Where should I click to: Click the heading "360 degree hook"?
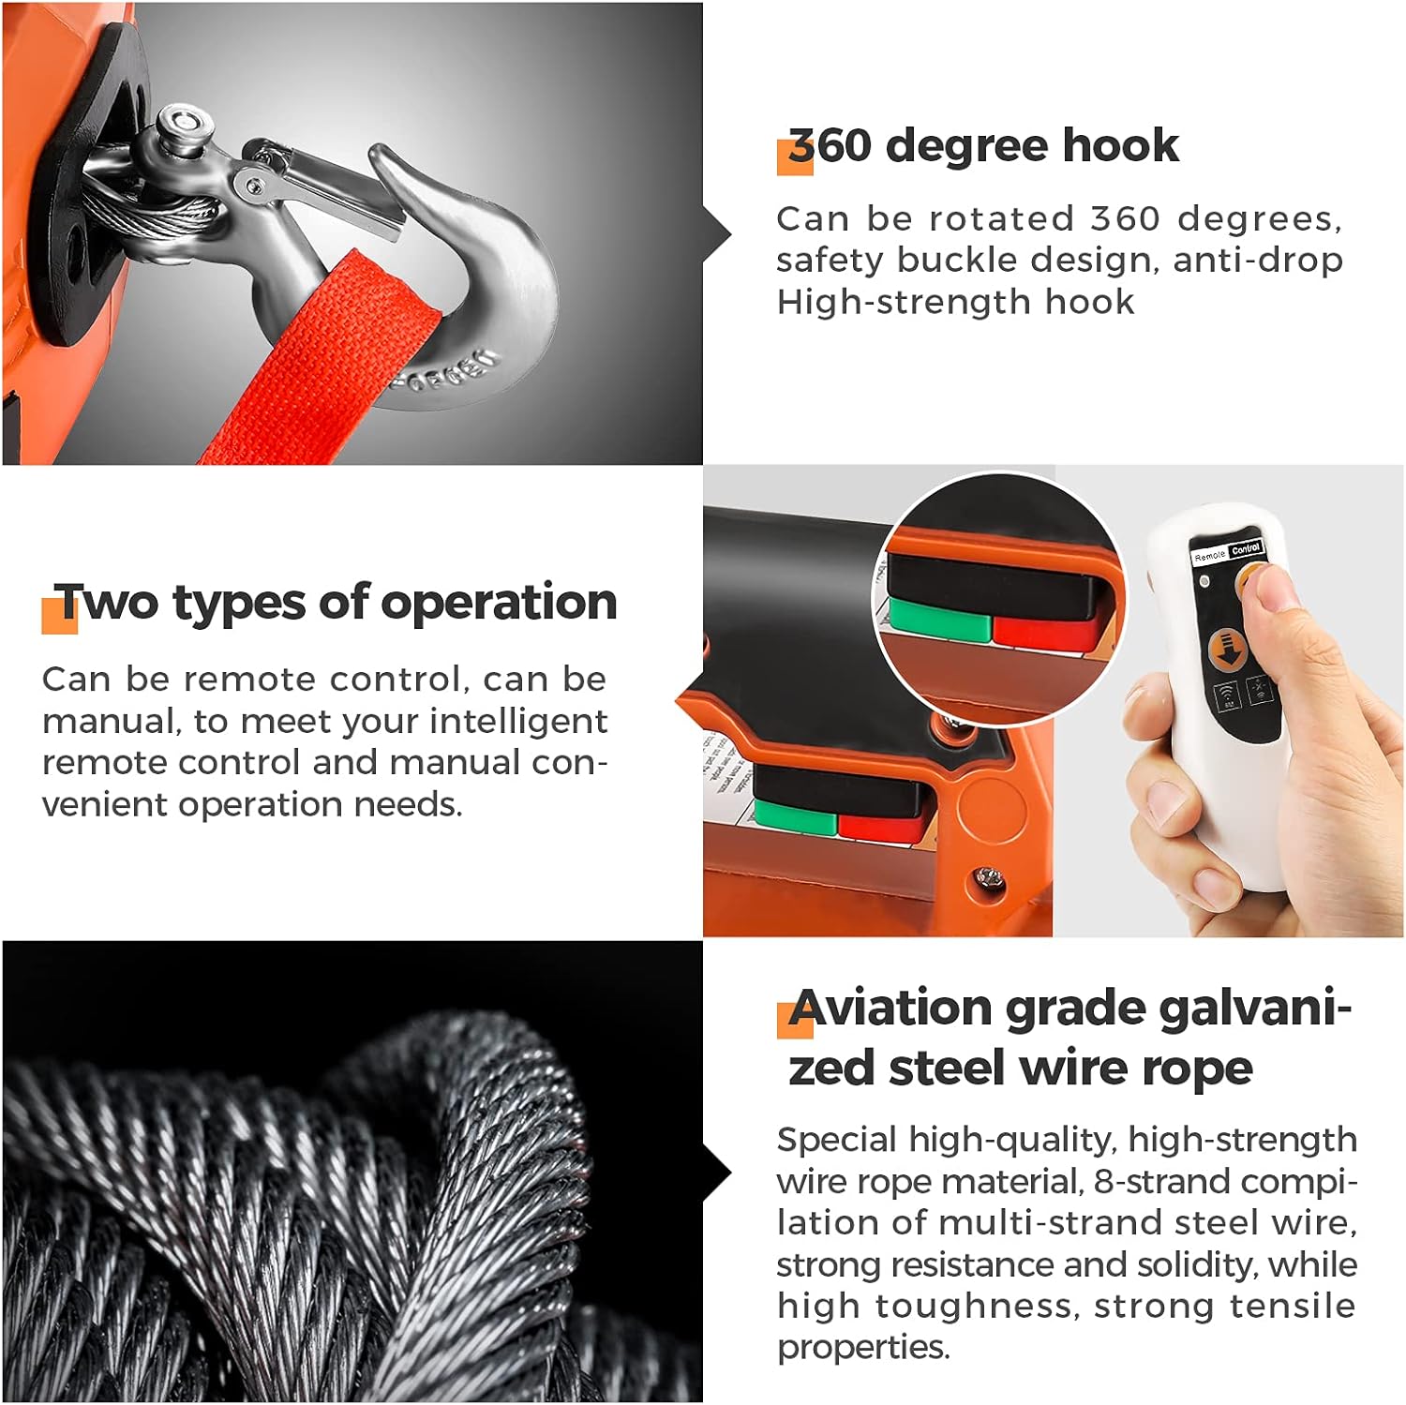pos(982,145)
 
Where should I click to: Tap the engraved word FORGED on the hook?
pos(449,371)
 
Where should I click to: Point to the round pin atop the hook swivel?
pos(182,122)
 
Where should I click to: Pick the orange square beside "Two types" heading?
pos(58,615)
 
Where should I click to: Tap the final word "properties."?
pos(862,1347)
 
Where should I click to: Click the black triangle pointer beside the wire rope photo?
pos(718,1172)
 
